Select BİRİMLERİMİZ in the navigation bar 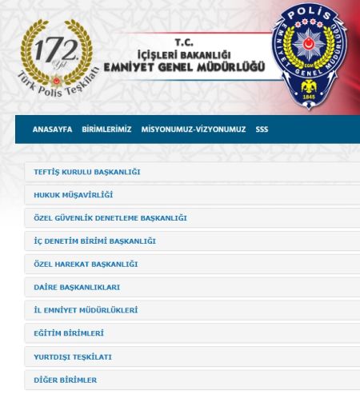pyautogui.click(x=106, y=129)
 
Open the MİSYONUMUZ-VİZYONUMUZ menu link pyautogui.click(x=193, y=129)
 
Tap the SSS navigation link pyautogui.click(x=262, y=129)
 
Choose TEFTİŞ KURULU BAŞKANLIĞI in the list pyautogui.click(x=87, y=172)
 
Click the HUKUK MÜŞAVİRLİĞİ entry pyautogui.click(x=73, y=194)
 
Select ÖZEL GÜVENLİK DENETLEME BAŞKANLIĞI pyautogui.click(x=110, y=217)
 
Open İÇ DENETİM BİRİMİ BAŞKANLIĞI pyautogui.click(x=94, y=241)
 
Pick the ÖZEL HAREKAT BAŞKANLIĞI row pyautogui.click(x=86, y=264)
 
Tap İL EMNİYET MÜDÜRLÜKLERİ pyautogui.click(x=86, y=310)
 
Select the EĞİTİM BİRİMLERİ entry pyautogui.click(x=69, y=333)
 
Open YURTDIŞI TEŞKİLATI pyautogui.click(x=72, y=356)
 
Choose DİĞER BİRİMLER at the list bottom pyautogui.click(x=65, y=380)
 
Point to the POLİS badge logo pyautogui.click(x=310, y=47)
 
